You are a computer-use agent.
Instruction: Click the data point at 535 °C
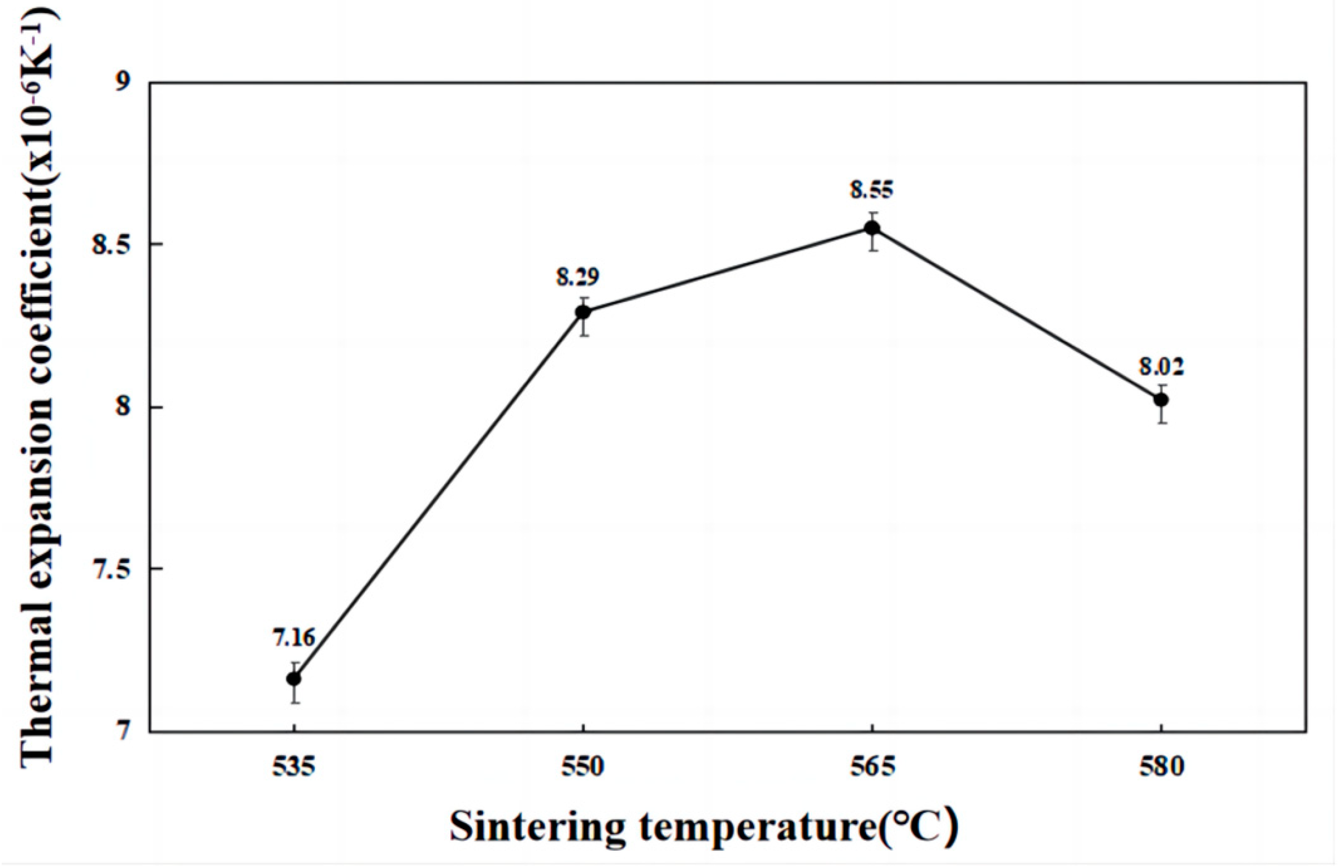[294, 678]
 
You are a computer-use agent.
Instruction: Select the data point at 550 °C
[583, 312]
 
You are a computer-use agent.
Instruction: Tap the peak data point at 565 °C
[872, 228]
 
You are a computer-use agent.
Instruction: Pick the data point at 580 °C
[1161, 400]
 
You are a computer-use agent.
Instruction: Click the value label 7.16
[294, 638]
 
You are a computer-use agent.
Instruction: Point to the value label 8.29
[577, 277]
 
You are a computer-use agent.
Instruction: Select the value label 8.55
[872, 190]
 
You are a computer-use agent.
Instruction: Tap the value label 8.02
[1161, 367]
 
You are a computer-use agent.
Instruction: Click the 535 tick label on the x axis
[294, 767]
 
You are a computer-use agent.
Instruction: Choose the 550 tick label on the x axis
[583, 767]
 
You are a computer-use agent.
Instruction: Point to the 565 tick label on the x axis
[872, 767]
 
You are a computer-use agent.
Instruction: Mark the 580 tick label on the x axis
[1161, 767]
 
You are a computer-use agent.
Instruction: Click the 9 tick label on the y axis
[123, 83]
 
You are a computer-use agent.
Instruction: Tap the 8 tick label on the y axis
[123, 407]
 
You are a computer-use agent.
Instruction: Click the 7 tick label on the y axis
[123, 732]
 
